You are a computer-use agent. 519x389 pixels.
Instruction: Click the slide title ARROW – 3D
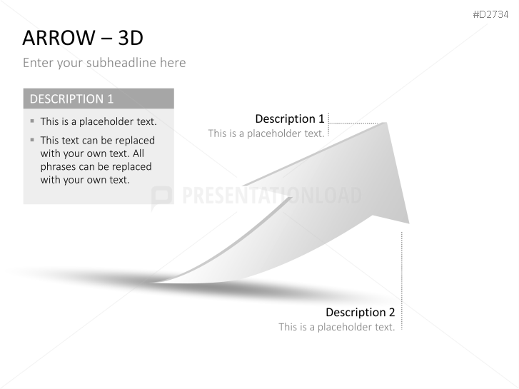(x=83, y=38)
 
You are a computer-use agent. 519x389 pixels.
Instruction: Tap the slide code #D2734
(x=490, y=14)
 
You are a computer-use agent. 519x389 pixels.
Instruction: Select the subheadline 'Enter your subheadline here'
(x=104, y=63)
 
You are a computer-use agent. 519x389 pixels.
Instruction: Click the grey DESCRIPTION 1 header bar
(x=99, y=98)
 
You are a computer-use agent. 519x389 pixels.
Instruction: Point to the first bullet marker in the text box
(x=32, y=121)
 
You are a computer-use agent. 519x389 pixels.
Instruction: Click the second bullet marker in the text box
(x=32, y=140)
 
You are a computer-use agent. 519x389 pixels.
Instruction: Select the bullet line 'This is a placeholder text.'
(x=99, y=121)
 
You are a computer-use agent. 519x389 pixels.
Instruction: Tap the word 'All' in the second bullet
(x=138, y=153)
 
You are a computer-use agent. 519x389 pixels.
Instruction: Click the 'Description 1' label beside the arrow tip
(x=290, y=119)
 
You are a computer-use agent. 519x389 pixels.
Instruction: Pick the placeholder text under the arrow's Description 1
(x=266, y=133)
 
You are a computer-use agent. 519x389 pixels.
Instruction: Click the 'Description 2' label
(x=360, y=312)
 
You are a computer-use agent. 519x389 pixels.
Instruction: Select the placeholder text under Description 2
(x=337, y=327)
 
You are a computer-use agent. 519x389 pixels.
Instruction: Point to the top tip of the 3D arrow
(x=386, y=123)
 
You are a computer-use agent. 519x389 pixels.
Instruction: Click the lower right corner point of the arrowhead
(x=409, y=223)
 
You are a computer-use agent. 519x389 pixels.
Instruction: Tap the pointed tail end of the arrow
(x=153, y=283)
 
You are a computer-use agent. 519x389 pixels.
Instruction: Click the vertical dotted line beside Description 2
(x=402, y=281)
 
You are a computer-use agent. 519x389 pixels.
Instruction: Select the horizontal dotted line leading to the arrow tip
(x=353, y=123)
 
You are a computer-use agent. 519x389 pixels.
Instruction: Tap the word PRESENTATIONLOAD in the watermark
(x=272, y=195)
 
